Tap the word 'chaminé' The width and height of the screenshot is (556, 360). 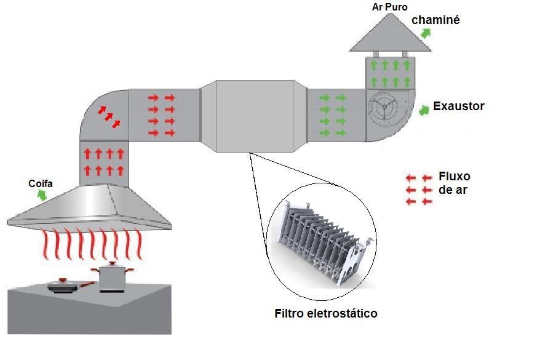[x=435, y=20]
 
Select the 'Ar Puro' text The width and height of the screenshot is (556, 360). [x=390, y=7]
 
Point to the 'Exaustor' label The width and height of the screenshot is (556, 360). [x=459, y=106]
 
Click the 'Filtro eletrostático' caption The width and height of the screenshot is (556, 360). [x=325, y=313]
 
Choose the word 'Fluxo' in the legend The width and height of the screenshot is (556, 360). [x=455, y=177]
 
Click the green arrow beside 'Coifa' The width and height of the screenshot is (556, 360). [x=42, y=195]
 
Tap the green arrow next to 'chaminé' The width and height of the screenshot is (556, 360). [x=426, y=33]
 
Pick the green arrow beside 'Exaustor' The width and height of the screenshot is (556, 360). [x=424, y=110]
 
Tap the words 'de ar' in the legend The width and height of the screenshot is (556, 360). [x=453, y=190]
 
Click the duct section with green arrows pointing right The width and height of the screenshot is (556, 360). [x=335, y=115]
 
